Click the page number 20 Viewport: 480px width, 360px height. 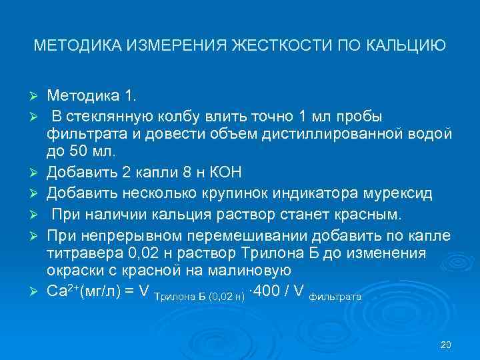tap(447, 345)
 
